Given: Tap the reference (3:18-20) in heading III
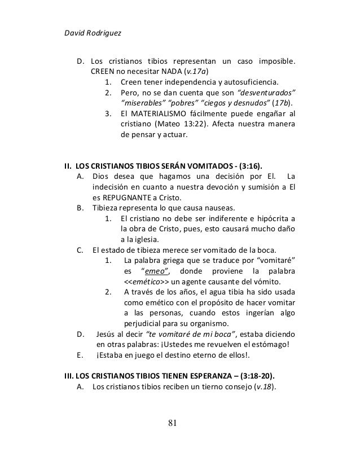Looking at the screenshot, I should coord(258,375).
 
